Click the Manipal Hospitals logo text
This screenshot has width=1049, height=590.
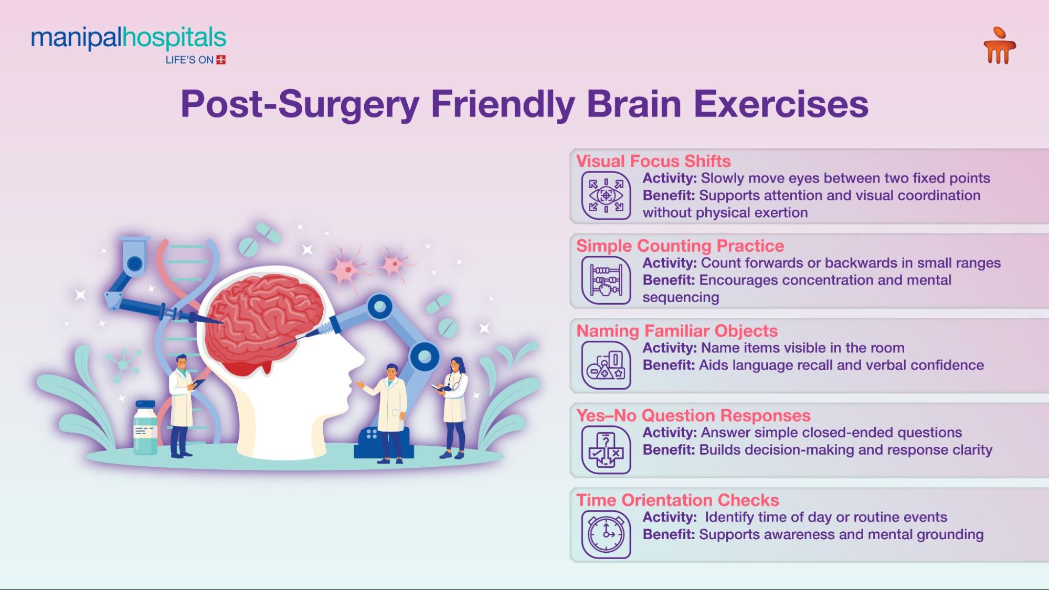click(x=129, y=38)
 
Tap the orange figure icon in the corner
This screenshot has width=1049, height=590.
click(x=999, y=46)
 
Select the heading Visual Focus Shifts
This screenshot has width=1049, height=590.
click(x=653, y=161)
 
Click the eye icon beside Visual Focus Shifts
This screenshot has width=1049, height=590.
click(x=606, y=196)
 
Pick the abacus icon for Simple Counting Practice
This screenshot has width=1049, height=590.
click(x=606, y=280)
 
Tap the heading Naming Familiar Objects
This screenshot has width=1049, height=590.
click(x=677, y=331)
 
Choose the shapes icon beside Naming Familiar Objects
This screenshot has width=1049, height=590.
click(x=606, y=365)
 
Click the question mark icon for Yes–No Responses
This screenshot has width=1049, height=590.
click(x=606, y=449)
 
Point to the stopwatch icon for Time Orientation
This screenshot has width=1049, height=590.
click(x=606, y=534)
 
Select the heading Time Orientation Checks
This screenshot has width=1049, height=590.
click(x=677, y=500)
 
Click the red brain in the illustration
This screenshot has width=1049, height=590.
click(x=265, y=320)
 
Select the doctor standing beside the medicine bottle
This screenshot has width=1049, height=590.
click(x=181, y=404)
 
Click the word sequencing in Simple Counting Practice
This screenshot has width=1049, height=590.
click(x=681, y=297)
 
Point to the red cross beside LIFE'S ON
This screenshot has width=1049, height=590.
click(x=221, y=60)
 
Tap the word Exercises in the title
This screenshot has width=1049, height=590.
click(x=781, y=104)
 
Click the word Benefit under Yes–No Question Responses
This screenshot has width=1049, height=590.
click(x=668, y=450)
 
